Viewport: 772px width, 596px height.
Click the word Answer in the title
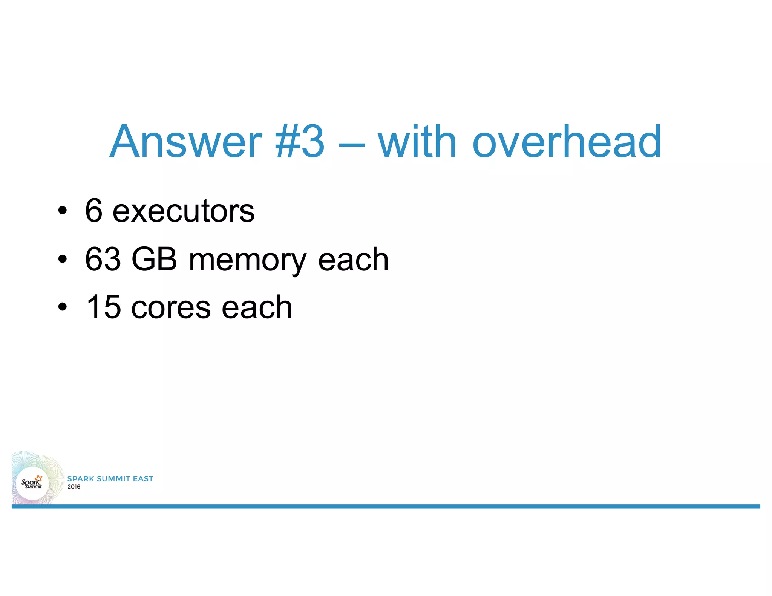185,142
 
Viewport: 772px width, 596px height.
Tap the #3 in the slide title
300,142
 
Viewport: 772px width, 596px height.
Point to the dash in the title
351,144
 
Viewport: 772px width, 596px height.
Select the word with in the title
417,142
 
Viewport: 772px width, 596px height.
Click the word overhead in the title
567,142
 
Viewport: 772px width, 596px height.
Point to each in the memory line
353,260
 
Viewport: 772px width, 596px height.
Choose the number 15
103,307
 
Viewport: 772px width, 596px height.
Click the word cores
171,308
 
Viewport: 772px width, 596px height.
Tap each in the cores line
257,307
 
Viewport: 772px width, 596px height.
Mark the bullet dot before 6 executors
63,211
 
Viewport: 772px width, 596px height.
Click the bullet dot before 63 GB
63,260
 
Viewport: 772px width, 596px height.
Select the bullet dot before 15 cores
63,307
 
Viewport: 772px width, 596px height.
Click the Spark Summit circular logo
32,483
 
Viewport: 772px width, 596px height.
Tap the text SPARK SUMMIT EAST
110,479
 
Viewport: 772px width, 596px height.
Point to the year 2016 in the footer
74,487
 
